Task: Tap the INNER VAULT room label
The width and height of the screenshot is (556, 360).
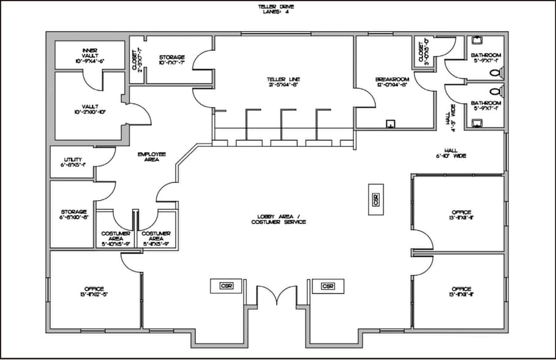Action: (x=90, y=54)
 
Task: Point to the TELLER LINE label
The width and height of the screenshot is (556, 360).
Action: (x=283, y=82)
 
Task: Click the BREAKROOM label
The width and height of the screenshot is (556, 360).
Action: (x=391, y=82)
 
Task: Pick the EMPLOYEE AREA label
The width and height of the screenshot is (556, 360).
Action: (x=152, y=157)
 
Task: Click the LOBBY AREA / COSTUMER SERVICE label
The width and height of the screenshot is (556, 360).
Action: (x=278, y=219)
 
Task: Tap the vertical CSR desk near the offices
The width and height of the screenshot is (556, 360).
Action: (x=375, y=200)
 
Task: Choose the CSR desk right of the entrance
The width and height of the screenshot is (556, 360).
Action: (x=328, y=286)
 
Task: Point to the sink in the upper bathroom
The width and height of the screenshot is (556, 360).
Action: (x=477, y=43)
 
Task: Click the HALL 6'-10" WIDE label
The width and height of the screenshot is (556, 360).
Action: (x=451, y=153)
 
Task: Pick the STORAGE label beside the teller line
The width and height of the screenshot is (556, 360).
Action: (x=171, y=59)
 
